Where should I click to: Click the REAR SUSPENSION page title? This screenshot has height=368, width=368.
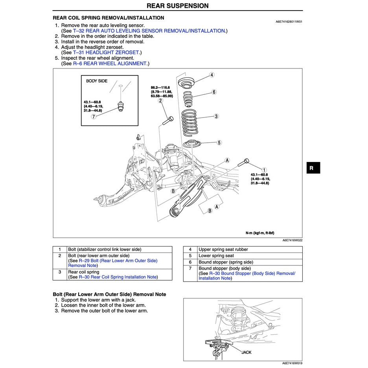178,6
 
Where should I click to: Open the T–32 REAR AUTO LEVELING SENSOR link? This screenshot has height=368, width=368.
149,31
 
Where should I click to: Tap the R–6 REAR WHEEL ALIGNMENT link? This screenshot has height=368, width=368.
110,63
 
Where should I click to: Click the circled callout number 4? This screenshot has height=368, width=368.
212,75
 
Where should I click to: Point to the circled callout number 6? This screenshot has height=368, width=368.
214,92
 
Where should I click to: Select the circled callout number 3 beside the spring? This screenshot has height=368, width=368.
216,116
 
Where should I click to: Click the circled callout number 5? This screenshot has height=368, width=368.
219,143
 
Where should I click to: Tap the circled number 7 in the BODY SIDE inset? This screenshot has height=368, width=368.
93,116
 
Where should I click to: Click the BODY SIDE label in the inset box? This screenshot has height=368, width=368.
97,81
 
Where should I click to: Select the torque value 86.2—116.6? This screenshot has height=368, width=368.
160,87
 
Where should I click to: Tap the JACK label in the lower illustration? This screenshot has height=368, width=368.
246,352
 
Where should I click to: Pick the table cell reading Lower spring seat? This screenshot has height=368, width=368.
216,256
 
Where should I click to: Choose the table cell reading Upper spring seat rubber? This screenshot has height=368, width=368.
223,249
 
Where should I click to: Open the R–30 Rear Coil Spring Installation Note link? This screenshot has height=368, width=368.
118,277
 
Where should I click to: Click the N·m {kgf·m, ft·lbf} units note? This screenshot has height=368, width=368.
260,233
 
